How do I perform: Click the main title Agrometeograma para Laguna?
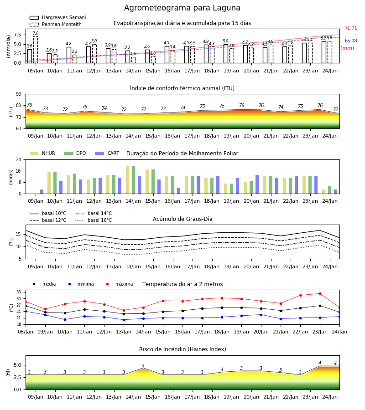182,8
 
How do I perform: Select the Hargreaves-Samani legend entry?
57,17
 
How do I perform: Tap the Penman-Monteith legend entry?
56,24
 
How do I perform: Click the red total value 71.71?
351,28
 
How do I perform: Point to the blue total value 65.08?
351,41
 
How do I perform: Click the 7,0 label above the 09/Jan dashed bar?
36,33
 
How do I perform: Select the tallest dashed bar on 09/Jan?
36,50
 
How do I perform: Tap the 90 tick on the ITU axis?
19,94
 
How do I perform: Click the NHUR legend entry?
42,153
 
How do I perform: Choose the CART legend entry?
107,153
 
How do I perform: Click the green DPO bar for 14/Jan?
134,180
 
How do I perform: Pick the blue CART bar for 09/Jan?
42,192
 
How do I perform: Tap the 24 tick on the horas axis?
19,159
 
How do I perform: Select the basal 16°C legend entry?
94,220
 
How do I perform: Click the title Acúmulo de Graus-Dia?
182,219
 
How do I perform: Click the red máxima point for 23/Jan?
320,294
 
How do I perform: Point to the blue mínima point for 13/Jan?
124,320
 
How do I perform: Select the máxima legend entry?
118,284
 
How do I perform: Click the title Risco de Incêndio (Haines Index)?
182,349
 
